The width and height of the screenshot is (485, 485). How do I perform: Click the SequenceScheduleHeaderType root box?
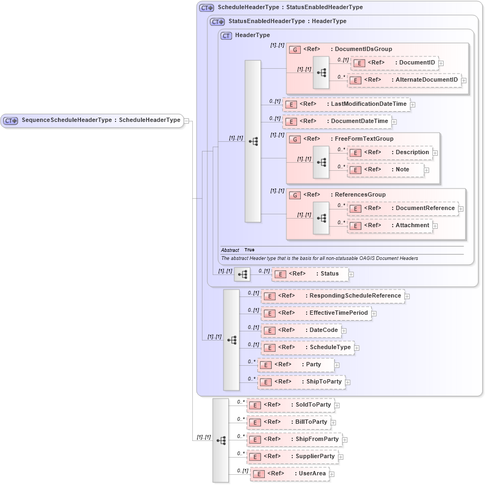coord(92,120)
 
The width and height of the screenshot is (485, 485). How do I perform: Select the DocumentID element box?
coord(394,63)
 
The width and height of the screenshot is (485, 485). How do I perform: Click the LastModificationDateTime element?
coord(346,104)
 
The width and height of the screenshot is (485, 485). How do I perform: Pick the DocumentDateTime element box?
coord(337,121)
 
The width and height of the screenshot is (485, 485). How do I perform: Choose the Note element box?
coord(385,170)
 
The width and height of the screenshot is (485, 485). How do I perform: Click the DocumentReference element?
coord(402,208)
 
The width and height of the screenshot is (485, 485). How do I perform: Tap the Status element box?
coord(309,274)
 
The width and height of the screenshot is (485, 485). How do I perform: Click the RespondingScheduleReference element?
coord(332,296)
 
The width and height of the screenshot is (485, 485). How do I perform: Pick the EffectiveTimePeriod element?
coord(316,313)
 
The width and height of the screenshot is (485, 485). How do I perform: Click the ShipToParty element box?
coord(301,382)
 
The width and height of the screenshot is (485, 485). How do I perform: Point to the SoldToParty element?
coord(290,405)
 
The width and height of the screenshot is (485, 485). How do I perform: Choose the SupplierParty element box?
coord(292,457)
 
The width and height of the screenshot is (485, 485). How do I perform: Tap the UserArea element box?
coord(289,474)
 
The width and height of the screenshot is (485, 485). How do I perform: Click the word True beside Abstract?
coord(249,250)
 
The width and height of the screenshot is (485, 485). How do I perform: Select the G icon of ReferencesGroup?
coord(294,195)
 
